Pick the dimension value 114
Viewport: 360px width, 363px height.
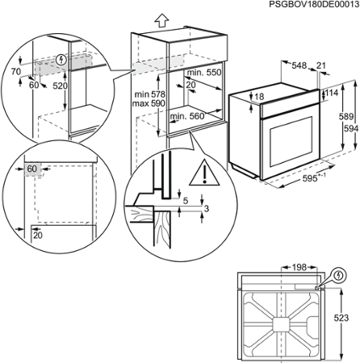click(x=333, y=94)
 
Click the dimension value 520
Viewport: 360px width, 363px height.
click(x=60, y=85)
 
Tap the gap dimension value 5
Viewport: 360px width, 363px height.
click(x=185, y=201)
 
